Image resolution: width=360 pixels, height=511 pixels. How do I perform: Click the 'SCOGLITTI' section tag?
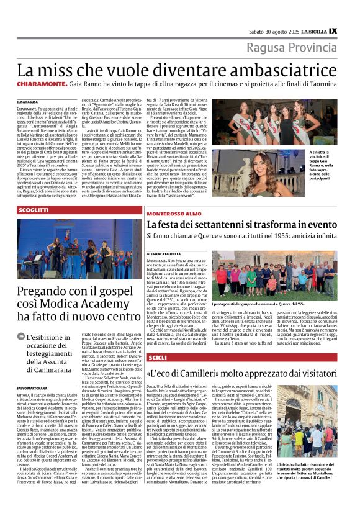(x=34, y=210)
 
